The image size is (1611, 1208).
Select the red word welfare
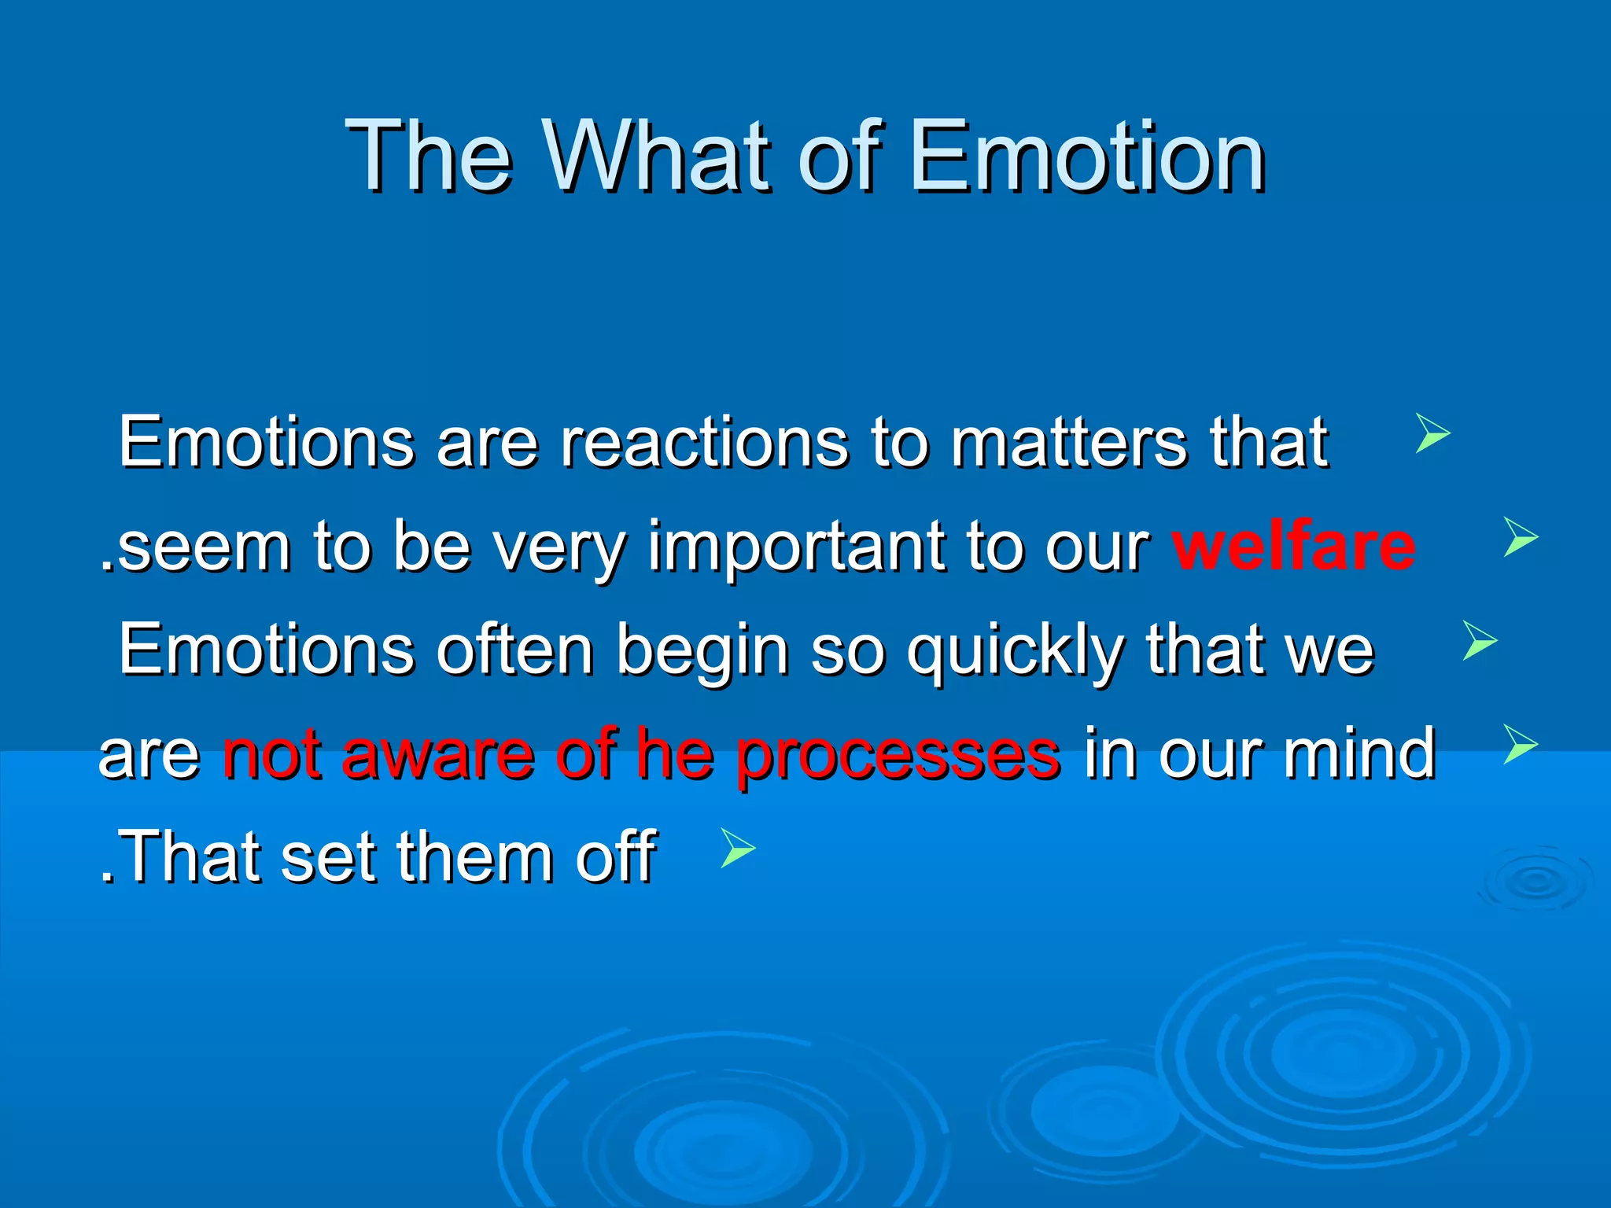[1293, 546]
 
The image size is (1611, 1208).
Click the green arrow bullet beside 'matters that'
[1432, 433]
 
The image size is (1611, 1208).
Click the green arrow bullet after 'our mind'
[1520, 744]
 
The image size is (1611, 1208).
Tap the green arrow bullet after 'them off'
[737, 848]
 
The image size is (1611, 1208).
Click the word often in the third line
[514, 650]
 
